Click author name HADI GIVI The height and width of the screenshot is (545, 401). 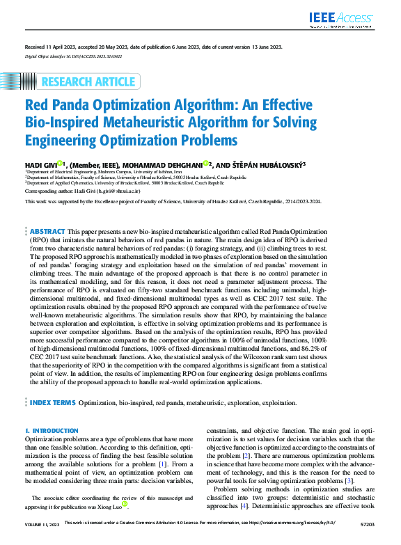tap(40, 164)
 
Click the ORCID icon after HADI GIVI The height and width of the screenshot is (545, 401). tap(61, 163)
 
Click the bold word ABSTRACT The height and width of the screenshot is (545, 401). tap(47, 231)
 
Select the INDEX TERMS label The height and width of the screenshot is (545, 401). tap(52, 402)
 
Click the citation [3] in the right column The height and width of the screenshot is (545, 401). tap(349, 481)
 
